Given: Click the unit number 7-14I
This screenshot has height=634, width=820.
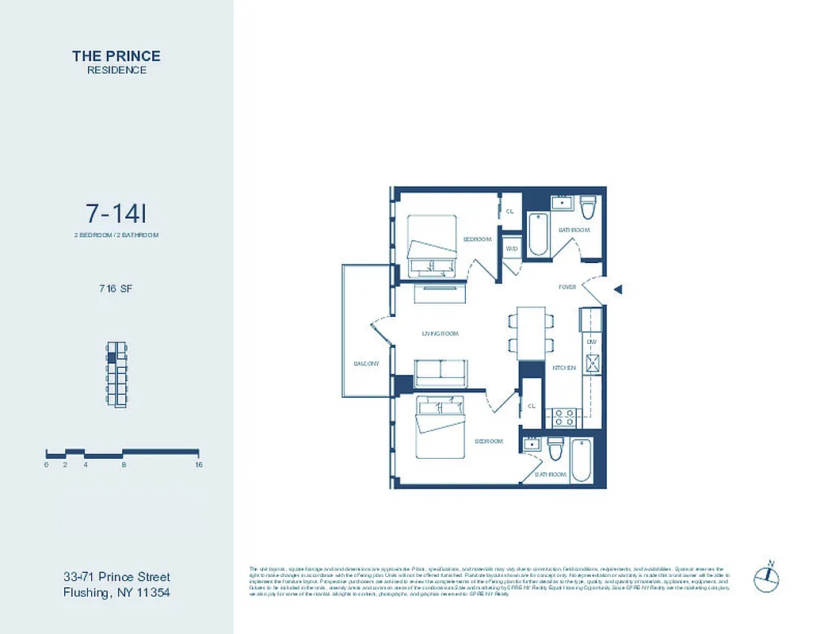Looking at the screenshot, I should tap(116, 213).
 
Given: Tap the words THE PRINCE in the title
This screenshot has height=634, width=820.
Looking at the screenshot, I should tap(116, 55).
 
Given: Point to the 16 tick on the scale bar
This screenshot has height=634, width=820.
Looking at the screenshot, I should tap(198, 464).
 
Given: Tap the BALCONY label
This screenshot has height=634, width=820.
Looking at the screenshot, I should tap(366, 364).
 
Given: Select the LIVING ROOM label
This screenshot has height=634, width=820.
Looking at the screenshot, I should tap(441, 334).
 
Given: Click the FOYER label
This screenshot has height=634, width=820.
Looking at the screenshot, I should tap(567, 287).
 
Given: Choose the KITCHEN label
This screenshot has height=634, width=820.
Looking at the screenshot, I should tap(563, 368).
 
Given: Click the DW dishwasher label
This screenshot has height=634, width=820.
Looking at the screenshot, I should tap(591, 341).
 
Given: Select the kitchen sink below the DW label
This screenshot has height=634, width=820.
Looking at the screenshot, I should tap(591, 363).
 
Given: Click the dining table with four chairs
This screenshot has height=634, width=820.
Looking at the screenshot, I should tap(530, 332).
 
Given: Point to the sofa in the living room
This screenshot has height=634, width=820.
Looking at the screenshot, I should tap(441, 372).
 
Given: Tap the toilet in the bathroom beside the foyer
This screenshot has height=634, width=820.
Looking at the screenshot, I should tap(587, 208).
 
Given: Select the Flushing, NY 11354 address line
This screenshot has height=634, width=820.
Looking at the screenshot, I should tap(117, 592).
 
